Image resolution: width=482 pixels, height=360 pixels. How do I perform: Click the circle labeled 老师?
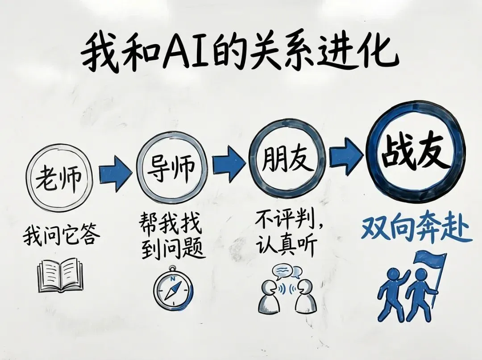click(59, 177)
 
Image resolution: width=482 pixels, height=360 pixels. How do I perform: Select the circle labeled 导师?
click(171, 166)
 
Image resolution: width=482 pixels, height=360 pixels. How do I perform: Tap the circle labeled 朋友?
click(286, 159)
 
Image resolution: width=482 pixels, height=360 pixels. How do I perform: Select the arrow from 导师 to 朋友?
click(228, 163)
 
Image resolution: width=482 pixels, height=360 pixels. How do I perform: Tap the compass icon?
click(173, 288)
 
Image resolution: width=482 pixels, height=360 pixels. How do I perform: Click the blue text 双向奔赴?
click(416, 229)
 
